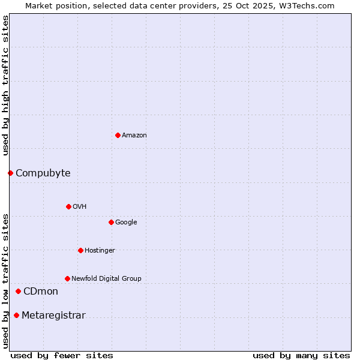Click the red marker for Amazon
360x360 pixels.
[x=118, y=135]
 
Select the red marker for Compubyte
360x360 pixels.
[x=10, y=173]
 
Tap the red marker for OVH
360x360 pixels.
[x=68, y=206]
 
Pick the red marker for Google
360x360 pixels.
[x=111, y=222]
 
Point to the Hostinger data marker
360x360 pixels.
[x=80, y=250]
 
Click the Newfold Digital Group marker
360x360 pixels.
[x=67, y=278]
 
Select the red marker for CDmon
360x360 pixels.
[x=18, y=291]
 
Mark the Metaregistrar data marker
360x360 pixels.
[x=16, y=315]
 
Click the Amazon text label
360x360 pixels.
[x=134, y=136]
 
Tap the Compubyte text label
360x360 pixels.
[x=43, y=173]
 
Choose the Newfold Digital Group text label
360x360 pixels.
[x=106, y=278]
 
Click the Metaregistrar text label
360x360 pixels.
[x=53, y=316]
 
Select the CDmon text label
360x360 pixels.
[x=41, y=292]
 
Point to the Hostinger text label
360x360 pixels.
[x=100, y=250]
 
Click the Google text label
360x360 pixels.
[x=126, y=223]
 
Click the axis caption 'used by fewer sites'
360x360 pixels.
[x=62, y=355]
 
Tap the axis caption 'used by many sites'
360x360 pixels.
[x=301, y=355]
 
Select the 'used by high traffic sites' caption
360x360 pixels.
[x=5, y=85]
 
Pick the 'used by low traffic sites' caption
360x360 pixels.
[x=5, y=280]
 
